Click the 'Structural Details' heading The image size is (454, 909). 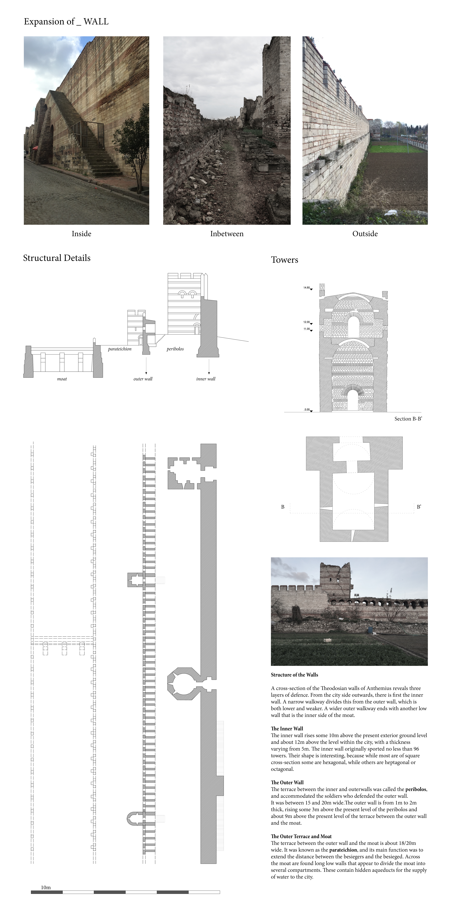click(x=57, y=258)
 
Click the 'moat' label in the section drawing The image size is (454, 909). click(x=62, y=379)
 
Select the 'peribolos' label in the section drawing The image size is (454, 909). click(x=175, y=349)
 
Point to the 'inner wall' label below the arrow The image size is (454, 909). click(x=206, y=379)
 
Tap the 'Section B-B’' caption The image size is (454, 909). click(x=408, y=419)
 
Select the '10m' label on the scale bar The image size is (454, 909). click(x=46, y=887)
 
